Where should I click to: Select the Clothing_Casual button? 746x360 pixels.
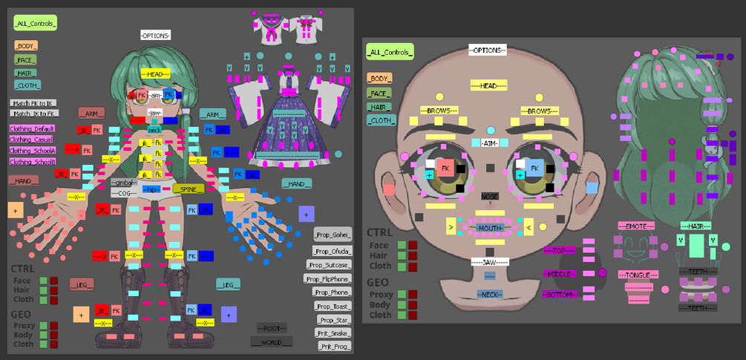(x=30, y=140)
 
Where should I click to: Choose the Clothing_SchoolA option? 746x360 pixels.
(x=32, y=151)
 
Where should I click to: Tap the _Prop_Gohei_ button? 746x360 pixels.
(x=332, y=235)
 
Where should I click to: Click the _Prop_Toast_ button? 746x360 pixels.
(x=331, y=306)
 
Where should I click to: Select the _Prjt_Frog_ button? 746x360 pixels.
(x=334, y=346)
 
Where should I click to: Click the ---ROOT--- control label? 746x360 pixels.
(x=272, y=328)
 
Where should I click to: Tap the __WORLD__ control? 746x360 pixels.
(x=272, y=342)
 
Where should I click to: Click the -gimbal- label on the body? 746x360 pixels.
(x=123, y=183)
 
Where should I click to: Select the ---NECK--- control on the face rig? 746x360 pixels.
(x=490, y=294)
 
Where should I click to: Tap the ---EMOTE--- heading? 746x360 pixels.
(x=636, y=225)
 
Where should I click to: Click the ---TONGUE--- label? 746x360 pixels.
(x=636, y=275)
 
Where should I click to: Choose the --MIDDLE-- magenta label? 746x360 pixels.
(x=560, y=275)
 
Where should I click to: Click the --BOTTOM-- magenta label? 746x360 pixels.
(x=560, y=295)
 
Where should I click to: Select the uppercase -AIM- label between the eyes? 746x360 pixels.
(x=491, y=143)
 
